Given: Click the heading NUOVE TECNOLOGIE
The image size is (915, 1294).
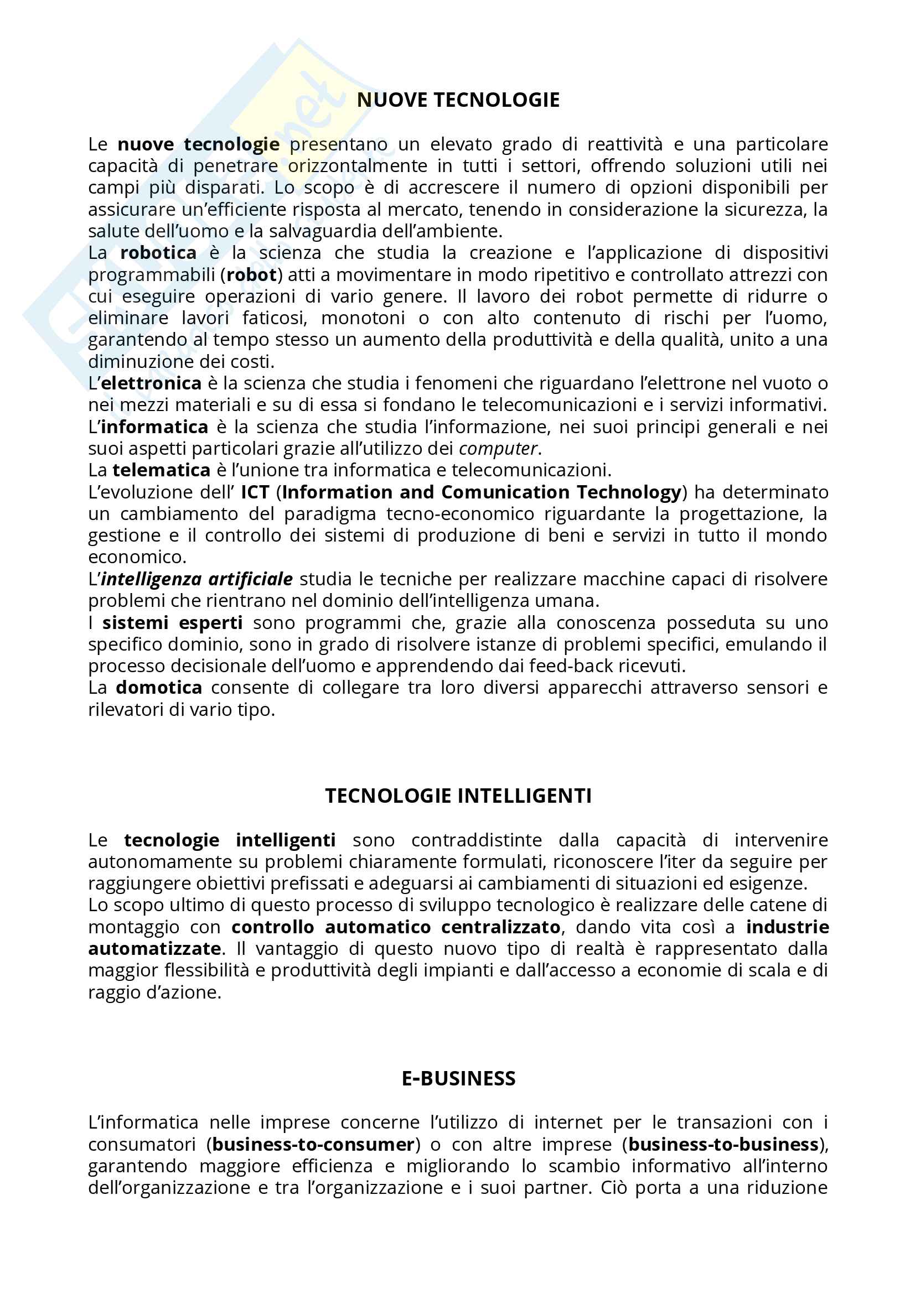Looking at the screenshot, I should (x=458, y=100).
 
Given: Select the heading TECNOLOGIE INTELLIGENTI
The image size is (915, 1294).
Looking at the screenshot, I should (x=458, y=796).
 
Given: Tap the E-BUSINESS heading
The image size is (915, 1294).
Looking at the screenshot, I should (x=458, y=1078).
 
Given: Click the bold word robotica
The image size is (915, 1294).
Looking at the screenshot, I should (x=158, y=253).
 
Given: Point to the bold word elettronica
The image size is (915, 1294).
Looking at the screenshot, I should (x=151, y=383).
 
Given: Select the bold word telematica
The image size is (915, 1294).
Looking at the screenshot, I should (x=161, y=470).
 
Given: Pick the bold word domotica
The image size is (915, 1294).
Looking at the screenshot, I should (x=159, y=688).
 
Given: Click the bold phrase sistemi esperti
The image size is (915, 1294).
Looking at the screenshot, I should (x=173, y=623).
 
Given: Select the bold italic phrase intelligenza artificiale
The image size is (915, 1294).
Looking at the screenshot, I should (x=197, y=579).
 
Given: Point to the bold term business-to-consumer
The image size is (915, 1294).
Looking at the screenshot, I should (x=313, y=1144).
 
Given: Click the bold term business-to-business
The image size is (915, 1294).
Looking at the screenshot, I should (x=723, y=1144).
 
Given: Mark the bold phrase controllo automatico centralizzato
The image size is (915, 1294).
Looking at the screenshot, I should (x=396, y=927).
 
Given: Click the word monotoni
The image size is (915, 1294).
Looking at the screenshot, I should (x=363, y=319).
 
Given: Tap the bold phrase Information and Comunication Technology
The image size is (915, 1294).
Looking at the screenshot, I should (x=482, y=492).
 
